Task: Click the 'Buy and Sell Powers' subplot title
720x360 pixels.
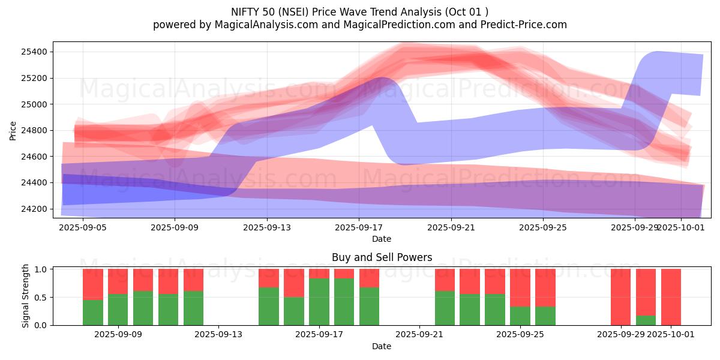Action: (x=382, y=257)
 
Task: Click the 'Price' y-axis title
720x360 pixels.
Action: (x=13, y=130)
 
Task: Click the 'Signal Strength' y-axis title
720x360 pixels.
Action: (x=25, y=296)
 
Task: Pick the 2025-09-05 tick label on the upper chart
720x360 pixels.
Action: (x=83, y=227)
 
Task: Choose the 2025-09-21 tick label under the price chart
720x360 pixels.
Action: (x=451, y=227)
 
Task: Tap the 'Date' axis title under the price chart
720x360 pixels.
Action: (x=382, y=239)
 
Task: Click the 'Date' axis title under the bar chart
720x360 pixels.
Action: (x=382, y=346)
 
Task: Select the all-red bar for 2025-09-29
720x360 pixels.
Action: (x=620, y=297)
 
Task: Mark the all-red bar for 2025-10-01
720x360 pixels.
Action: (x=671, y=297)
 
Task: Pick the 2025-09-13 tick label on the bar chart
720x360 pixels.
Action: (x=218, y=335)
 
